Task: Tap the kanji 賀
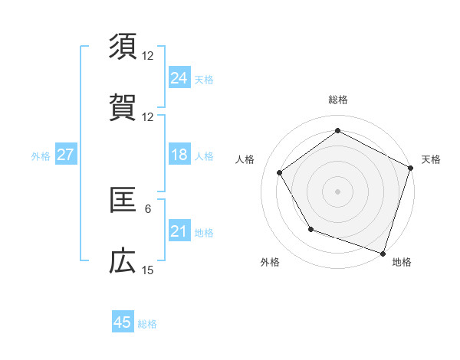tap(123, 108)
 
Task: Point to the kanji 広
tap(123, 261)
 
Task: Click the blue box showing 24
tap(179, 77)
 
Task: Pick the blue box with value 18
tap(179, 155)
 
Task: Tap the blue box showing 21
tap(179, 231)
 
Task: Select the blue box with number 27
tap(65, 155)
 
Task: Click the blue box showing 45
tap(122, 322)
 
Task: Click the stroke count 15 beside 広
tap(148, 270)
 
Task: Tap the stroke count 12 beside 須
tap(148, 56)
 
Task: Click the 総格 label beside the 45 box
tap(147, 324)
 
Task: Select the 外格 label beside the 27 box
tap(41, 155)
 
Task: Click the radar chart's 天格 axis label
tap(432, 159)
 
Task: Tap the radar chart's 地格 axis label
tap(402, 262)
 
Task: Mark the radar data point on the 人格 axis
tap(280, 172)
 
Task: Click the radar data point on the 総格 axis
tap(337, 130)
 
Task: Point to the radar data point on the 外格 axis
tap(310, 228)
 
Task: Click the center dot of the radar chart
tap(337, 191)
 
